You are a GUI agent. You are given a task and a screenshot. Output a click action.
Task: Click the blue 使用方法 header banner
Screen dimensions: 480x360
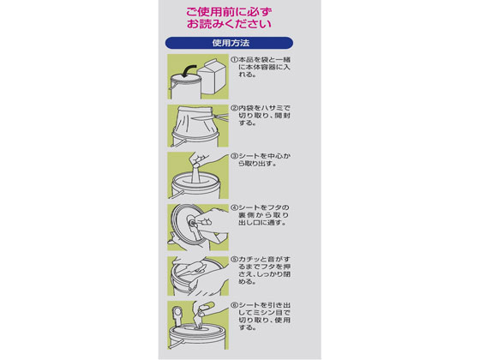[229, 43]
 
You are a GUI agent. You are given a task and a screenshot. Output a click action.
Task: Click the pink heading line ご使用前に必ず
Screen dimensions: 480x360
[229, 12]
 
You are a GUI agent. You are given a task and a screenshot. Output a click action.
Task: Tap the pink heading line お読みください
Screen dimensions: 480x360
[229, 24]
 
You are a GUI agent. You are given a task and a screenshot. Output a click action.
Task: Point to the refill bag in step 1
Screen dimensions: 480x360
[213, 76]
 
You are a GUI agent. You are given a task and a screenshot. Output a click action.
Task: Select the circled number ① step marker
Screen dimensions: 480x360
[234, 60]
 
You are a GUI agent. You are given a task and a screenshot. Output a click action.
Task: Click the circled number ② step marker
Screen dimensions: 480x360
[234, 108]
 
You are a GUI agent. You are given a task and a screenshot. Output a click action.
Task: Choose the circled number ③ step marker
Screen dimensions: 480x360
[234, 156]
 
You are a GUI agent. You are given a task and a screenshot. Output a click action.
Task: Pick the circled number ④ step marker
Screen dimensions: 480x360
[234, 207]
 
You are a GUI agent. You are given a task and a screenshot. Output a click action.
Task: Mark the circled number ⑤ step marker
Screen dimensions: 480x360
[234, 259]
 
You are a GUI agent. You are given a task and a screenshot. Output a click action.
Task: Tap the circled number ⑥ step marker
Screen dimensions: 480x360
[234, 305]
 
